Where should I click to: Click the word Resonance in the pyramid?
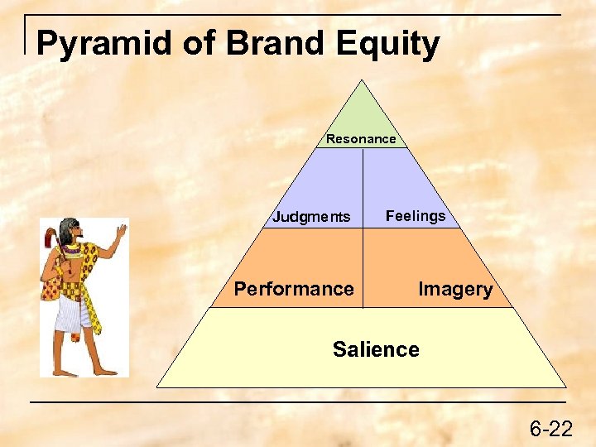361,139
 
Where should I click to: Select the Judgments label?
312,218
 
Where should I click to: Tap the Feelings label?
416,216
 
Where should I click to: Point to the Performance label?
294,289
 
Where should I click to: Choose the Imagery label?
455,289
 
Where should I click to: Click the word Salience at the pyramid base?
376,349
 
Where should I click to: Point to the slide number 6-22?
550,429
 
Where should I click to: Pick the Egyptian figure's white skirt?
73,313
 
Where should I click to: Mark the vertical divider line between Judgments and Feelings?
363,186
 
